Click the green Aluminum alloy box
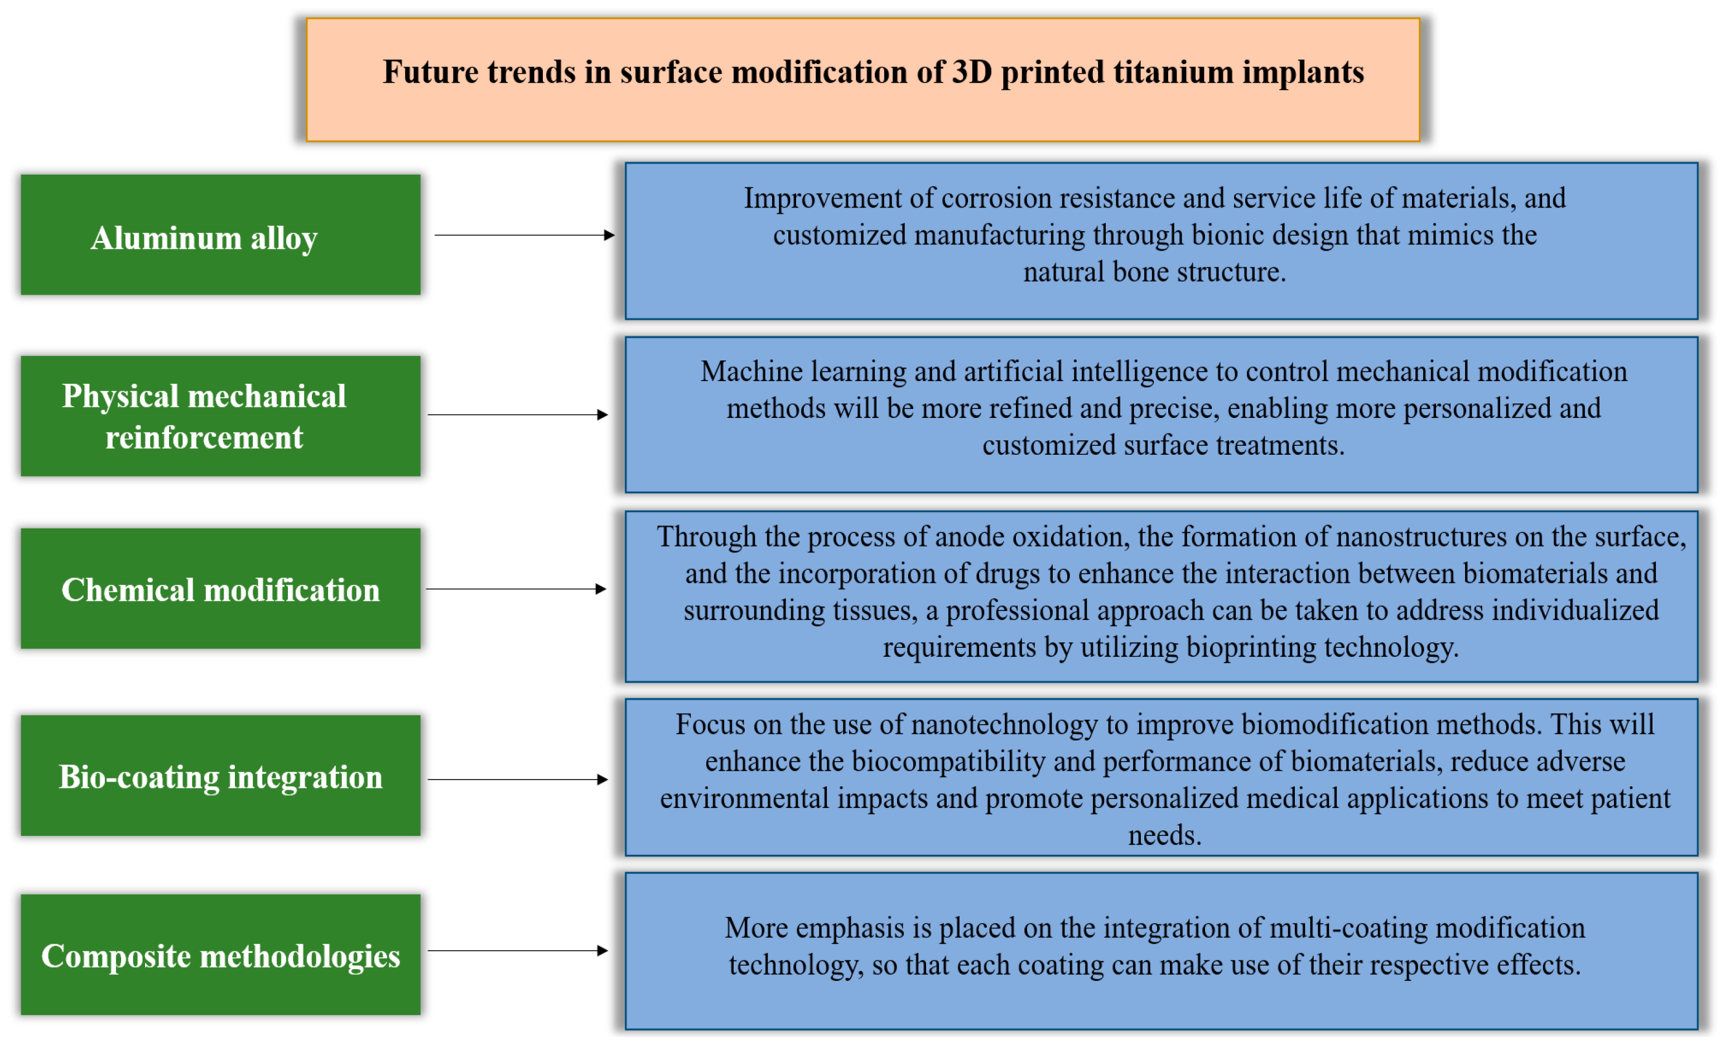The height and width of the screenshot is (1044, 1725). [220, 234]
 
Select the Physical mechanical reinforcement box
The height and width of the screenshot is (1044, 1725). [220, 416]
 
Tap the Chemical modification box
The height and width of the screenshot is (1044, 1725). [220, 588]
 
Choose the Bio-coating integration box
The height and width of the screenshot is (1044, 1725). [220, 775]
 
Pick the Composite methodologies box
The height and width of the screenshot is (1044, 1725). [220, 954]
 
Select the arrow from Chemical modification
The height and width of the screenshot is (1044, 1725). [517, 589]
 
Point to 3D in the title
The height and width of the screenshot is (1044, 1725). [971, 72]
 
